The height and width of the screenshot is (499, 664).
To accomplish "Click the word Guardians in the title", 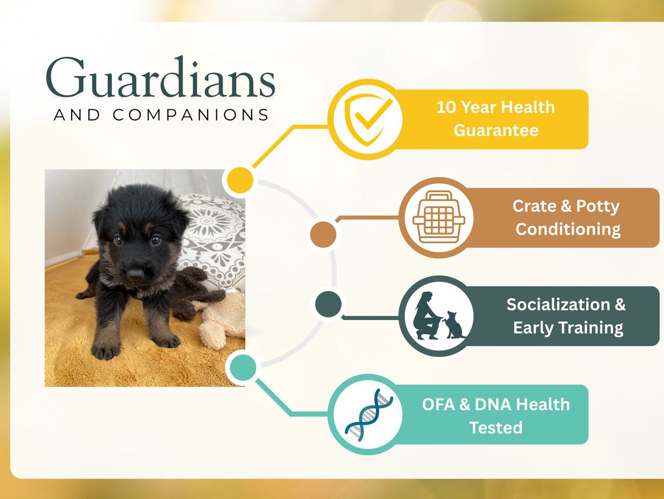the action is point(161,77).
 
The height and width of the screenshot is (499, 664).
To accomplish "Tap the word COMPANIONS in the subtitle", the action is point(191,115).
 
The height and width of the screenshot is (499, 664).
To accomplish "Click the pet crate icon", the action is point(439,217).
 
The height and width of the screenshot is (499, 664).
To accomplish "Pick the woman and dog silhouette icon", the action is point(439,315).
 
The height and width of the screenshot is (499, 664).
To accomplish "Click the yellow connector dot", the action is point(240,180).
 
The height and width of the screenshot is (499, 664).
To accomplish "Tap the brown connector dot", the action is point(323,235).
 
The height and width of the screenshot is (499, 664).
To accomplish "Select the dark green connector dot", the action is point(328,304).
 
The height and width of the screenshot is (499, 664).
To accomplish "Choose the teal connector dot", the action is point(243,368).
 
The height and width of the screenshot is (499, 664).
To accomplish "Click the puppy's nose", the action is point(135,274).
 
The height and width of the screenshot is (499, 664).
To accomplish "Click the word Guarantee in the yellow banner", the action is point(496,131).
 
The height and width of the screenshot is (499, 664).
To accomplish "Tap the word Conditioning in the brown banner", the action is point(568,229).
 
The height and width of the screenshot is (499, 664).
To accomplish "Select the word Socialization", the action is point(558,304).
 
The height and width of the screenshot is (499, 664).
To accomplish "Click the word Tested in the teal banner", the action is point(496,427).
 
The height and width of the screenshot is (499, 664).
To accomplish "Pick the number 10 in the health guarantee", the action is point(446,108).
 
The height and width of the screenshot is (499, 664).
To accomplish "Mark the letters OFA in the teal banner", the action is point(439,404).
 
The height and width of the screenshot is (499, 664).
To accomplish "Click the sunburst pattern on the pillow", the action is point(207,221).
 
